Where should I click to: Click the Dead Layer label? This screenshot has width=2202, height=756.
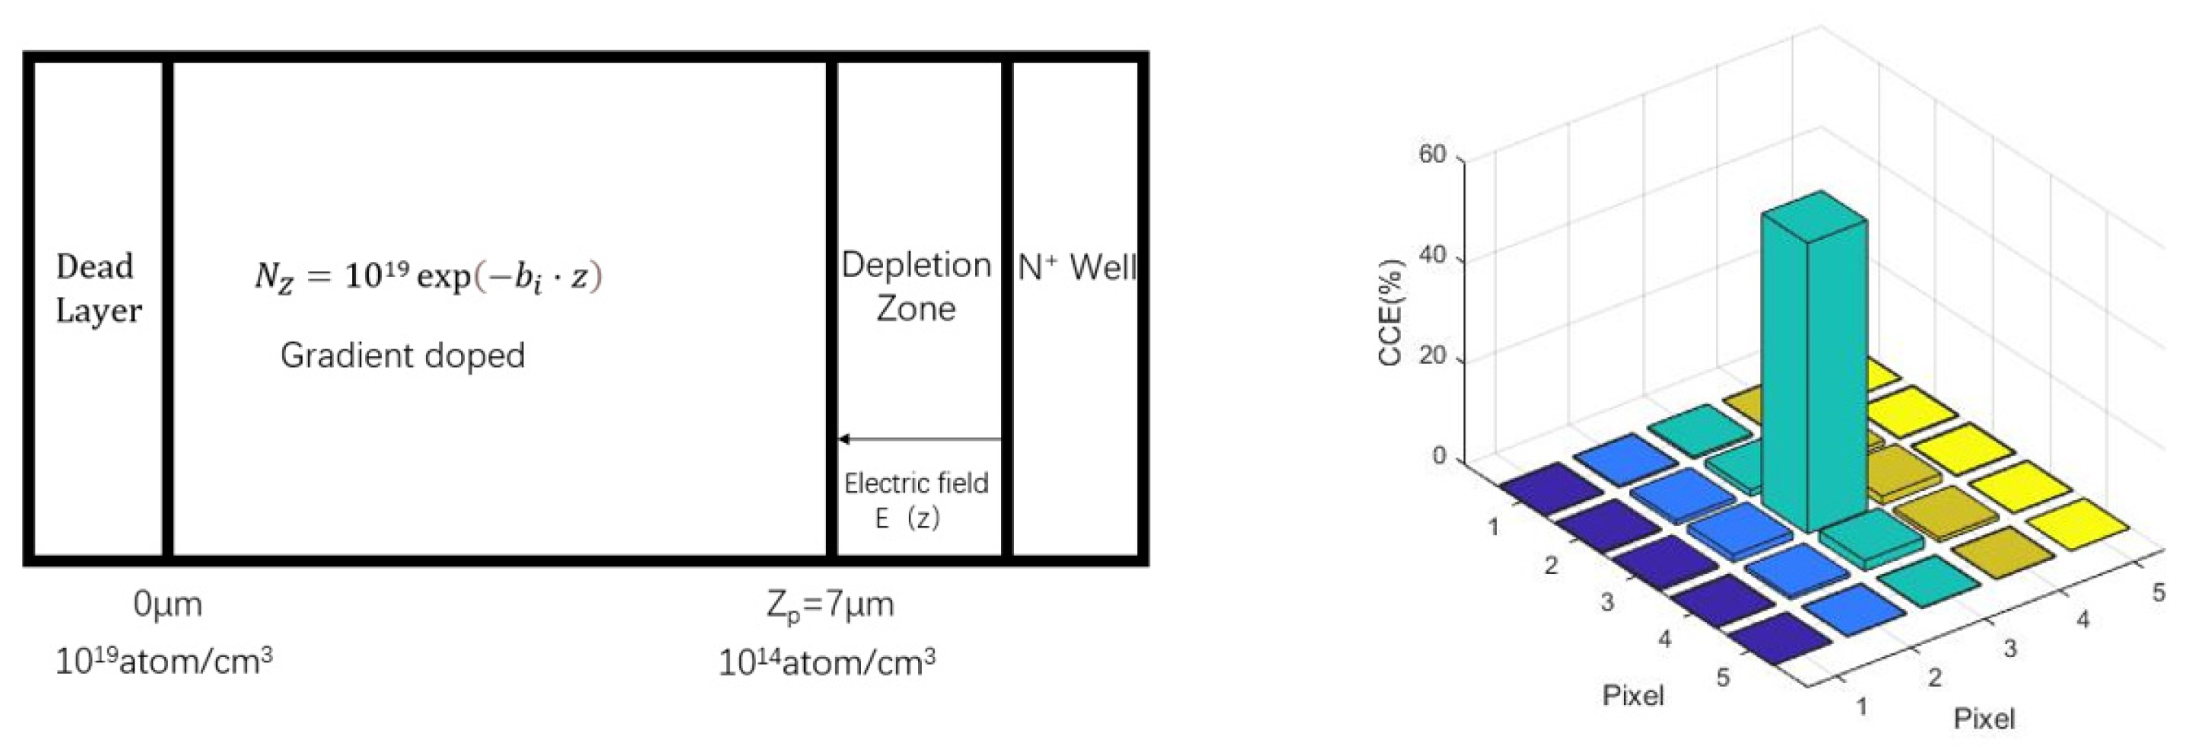pyautogui.click(x=97, y=289)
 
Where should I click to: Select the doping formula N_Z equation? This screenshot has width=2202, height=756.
pyautogui.click(x=428, y=277)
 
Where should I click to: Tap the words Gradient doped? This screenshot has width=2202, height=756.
pyautogui.click(x=402, y=355)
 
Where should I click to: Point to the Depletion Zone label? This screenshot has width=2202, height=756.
pyautogui.click(x=916, y=286)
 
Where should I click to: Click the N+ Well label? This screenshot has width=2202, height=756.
pyautogui.click(x=1076, y=268)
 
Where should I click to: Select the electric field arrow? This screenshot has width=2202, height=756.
pyautogui.click(x=919, y=439)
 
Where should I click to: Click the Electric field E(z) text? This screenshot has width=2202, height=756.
pyautogui.click(x=915, y=500)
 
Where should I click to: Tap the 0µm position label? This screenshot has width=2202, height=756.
pyautogui.click(x=167, y=604)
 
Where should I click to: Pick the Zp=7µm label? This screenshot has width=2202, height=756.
pyautogui.click(x=830, y=605)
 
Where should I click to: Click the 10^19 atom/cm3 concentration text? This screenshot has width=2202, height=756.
pyautogui.click(x=164, y=661)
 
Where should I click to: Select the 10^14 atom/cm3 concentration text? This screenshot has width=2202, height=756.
pyautogui.click(x=827, y=662)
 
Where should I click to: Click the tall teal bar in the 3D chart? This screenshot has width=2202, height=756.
pyautogui.click(x=1813, y=368)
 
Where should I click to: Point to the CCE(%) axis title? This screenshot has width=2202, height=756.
pyautogui.click(x=1390, y=312)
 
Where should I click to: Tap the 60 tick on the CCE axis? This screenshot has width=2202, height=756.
pyautogui.click(x=1431, y=155)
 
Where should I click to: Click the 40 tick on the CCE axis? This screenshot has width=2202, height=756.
pyautogui.click(x=1431, y=255)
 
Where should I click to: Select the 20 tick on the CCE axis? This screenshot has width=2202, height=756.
pyautogui.click(x=1431, y=356)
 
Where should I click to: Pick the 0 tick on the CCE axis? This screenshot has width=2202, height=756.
pyautogui.click(x=1438, y=456)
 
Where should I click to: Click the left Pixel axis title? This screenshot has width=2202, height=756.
pyautogui.click(x=1633, y=695)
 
